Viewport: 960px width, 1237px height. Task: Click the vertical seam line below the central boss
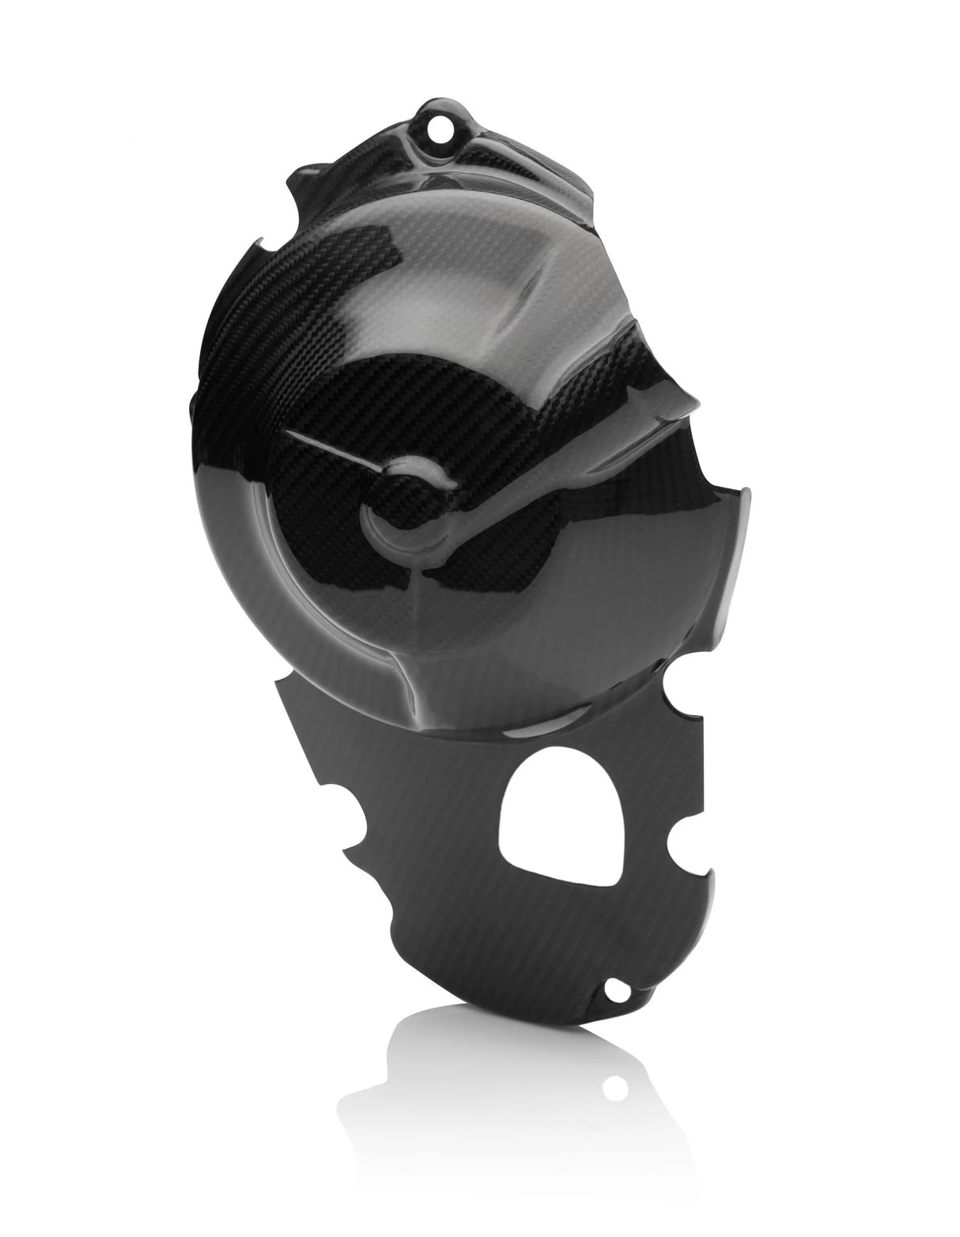(420, 624)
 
